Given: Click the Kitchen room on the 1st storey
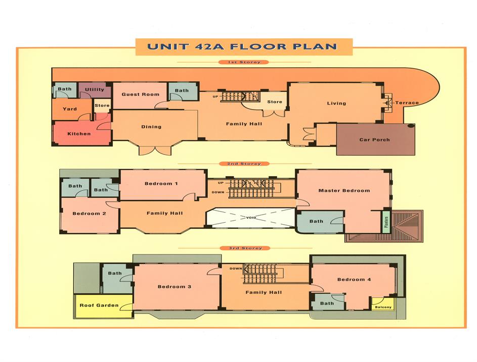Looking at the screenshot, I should click(79, 134).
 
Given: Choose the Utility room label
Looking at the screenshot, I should click(95, 90).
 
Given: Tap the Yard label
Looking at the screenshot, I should click(70, 109).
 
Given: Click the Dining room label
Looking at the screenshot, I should click(151, 127).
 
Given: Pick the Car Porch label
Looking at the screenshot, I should click(374, 140).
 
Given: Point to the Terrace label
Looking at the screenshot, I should click(407, 103).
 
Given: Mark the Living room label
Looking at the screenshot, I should click(336, 104).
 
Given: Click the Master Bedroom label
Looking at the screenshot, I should click(344, 191).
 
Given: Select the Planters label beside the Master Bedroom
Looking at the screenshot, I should click(386, 223).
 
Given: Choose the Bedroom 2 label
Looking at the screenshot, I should click(89, 214).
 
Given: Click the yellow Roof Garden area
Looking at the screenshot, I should click(99, 305).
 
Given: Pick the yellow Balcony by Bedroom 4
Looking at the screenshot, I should click(383, 306).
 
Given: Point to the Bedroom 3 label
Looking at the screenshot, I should click(175, 287).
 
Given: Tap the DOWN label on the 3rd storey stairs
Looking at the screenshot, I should click(235, 269).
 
